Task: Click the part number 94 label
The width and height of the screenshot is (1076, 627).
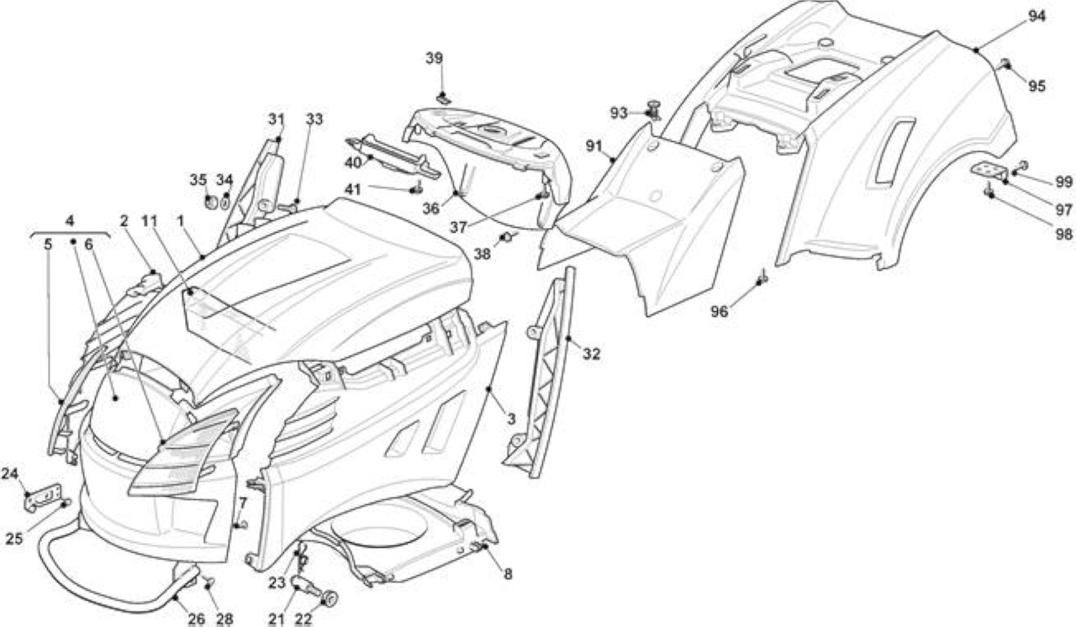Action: point(1036,16)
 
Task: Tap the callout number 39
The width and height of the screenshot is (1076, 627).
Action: point(435,58)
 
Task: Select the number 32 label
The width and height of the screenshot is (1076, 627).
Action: point(591,355)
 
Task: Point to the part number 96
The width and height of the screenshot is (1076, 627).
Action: point(719,312)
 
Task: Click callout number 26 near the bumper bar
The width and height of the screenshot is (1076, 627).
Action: point(197,619)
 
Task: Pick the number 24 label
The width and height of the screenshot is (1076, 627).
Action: point(9,474)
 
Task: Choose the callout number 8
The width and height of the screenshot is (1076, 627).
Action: point(508,574)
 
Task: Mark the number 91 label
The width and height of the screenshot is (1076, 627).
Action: point(594,146)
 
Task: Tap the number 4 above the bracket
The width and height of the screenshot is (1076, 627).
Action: point(70,221)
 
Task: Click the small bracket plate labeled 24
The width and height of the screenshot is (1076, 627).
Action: point(45,497)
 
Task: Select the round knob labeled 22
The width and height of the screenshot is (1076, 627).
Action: point(330,598)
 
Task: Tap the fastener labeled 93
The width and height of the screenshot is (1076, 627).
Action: point(653,109)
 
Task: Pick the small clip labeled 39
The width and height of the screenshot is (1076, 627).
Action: point(445,99)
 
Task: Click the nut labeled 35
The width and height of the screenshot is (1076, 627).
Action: point(210,202)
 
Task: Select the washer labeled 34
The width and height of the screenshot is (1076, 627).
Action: point(224,202)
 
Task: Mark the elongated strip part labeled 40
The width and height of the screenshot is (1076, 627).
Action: point(393,156)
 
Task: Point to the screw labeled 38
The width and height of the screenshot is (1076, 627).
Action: point(507,236)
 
